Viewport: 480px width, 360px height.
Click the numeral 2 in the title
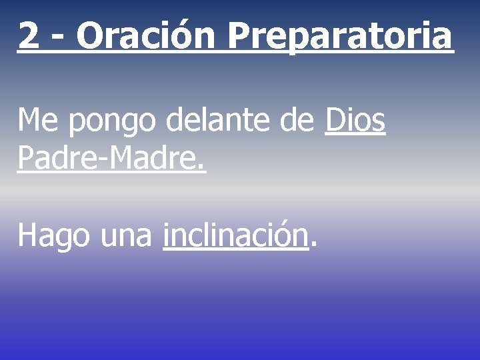pyautogui.click(x=28, y=36)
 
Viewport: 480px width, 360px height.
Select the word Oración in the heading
pyautogui.click(x=145, y=36)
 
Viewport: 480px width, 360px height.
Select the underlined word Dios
pyautogui.click(x=355, y=122)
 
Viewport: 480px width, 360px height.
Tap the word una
pyautogui.click(x=127, y=237)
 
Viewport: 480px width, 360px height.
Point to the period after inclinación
pyautogui.click(x=313, y=245)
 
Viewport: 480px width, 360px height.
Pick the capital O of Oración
pyautogui.click(x=89, y=36)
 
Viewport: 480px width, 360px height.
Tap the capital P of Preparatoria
pyautogui.click(x=237, y=36)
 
